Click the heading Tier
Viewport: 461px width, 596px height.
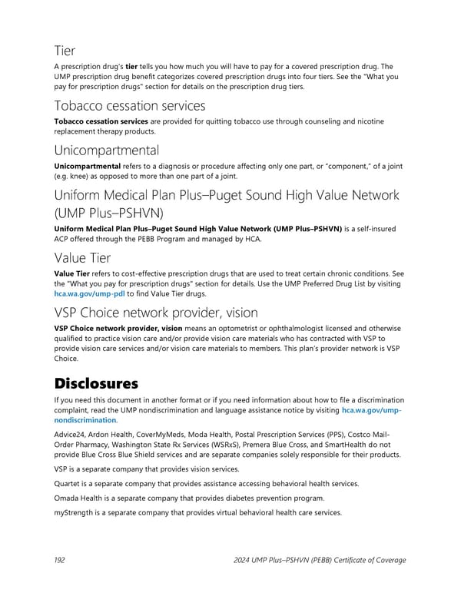[65, 50]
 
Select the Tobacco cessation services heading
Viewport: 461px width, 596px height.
[130, 105]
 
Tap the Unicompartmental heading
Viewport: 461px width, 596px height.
[107, 150]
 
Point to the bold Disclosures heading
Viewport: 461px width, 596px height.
[96, 382]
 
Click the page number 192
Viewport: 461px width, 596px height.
[61, 560]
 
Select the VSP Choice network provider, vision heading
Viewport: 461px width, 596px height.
[155, 313]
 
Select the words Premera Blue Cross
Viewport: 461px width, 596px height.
[287, 444]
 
